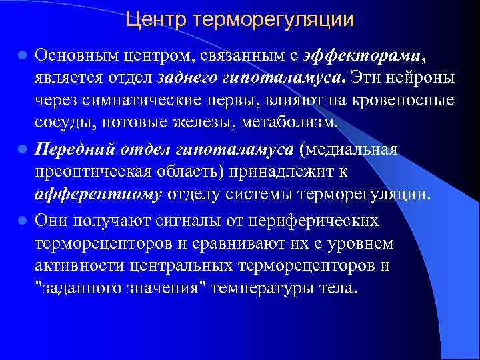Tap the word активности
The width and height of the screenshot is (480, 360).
83,266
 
